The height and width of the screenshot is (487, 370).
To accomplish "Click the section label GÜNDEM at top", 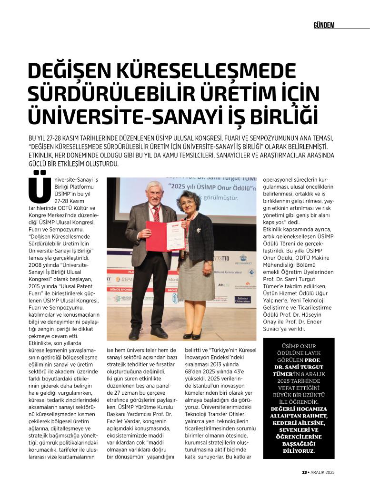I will pyautogui.click(x=324, y=25).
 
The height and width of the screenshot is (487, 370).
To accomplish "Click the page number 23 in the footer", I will pyautogui.click(x=304, y=472).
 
